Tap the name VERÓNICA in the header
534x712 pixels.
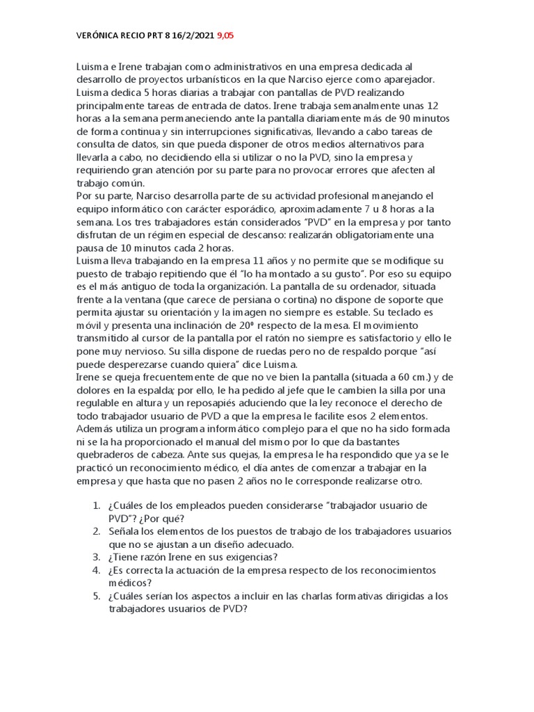coord(99,35)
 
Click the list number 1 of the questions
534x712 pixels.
coord(97,505)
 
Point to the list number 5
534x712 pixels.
coord(97,596)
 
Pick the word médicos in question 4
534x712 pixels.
coord(129,583)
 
